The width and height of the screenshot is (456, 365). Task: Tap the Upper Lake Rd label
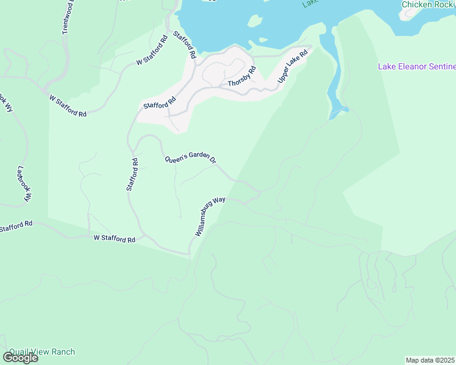pos(293,67)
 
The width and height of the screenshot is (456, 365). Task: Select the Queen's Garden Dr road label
pos(191,157)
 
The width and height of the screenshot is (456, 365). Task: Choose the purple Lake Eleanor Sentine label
pos(416,66)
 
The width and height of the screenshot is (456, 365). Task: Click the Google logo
pos(20,358)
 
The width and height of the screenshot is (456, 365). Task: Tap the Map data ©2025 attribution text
pos(430,360)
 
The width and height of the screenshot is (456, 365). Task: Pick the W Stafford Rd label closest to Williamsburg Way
pos(114,239)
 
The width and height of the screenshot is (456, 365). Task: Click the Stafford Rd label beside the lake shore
pos(184,44)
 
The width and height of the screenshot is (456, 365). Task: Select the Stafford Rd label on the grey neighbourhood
pos(160,101)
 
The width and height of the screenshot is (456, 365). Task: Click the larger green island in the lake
pos(255,21)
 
